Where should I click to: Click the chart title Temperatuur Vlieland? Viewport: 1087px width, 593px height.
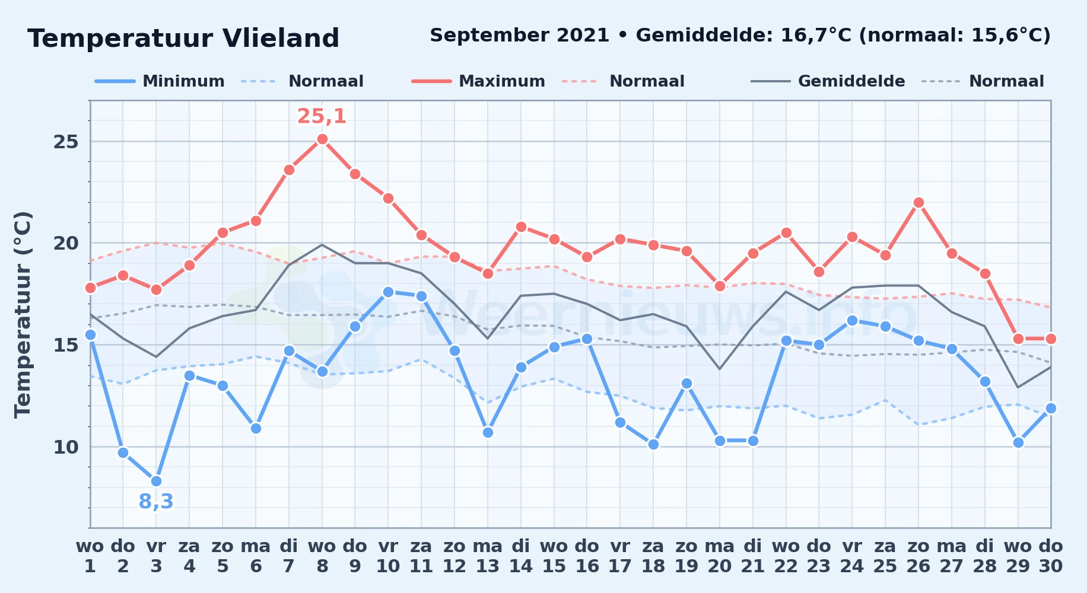coord(183,39)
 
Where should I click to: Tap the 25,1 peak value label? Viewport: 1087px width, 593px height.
coord(322,116)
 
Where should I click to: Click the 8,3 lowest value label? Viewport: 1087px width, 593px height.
coord(156,502)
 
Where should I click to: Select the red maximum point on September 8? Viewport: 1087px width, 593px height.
coord(322,139)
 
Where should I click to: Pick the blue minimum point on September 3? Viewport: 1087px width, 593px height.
coord(156,481)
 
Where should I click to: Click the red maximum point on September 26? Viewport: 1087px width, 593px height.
coord(918,203)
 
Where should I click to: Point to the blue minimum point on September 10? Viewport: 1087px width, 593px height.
coord(388,292)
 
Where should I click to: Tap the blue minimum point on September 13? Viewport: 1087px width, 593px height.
coord(488,432)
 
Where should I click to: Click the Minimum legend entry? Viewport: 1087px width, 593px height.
coord(160,81)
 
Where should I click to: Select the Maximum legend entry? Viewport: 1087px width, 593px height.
coord(478,81)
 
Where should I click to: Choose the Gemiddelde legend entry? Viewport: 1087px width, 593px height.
coord(828,81)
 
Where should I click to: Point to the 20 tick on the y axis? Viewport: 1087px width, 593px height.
coord(66,243)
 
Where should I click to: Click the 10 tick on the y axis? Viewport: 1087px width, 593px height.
coord(66,447)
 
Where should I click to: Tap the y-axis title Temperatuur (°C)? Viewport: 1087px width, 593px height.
coord(23,314)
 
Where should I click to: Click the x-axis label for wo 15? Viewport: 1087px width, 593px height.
coord(554,556)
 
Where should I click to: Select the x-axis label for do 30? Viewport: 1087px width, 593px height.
coord(1050,556)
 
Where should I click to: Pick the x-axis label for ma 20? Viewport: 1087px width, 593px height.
coord(720,556)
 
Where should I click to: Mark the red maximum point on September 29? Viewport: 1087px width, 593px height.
coord(1018,339)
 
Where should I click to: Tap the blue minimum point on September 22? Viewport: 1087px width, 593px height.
coord(786,340)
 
